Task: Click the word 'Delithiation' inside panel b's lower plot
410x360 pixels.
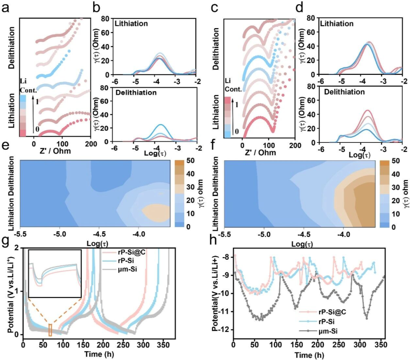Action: pos(130,93)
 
